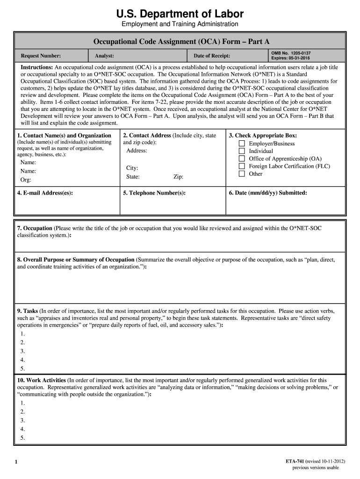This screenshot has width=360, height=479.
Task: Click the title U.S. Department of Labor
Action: coord(180,14)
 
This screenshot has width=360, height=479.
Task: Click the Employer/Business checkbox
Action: coord(242,144)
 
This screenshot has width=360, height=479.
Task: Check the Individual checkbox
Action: coord(242,151)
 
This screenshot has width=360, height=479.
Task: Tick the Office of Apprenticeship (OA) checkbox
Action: coord(242,159)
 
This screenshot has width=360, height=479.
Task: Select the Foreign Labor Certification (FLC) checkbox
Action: coord(242,166)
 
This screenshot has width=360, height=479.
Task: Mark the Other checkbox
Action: coord(242,174)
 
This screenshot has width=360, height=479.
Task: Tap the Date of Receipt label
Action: coord(212,56)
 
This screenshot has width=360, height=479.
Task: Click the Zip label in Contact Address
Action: coord(178,177)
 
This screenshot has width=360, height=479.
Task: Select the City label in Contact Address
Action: coord(132,168)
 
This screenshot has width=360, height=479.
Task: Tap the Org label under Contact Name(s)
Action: coord(25,180)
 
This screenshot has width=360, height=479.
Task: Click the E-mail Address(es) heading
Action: coord(45,193)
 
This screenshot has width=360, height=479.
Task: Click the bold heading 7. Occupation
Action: coord(35,228)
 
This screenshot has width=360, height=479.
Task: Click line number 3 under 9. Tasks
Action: coord(22,351)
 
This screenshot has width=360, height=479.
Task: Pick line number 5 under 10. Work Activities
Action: coord(22,438)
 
